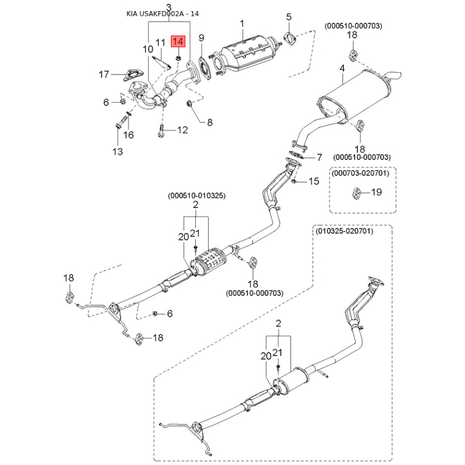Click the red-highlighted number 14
click(178, 42)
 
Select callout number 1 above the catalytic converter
click(242, 23)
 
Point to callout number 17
click(103, 74)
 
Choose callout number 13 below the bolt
click(118, 152)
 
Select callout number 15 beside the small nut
click(313, 181)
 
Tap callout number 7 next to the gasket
click(319, 158)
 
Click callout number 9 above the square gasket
click(202, 38)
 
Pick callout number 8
click(210, 123)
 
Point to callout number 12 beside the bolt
click(183, 130)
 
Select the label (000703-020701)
click(364, 173)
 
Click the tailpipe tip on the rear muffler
click(393, 75)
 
